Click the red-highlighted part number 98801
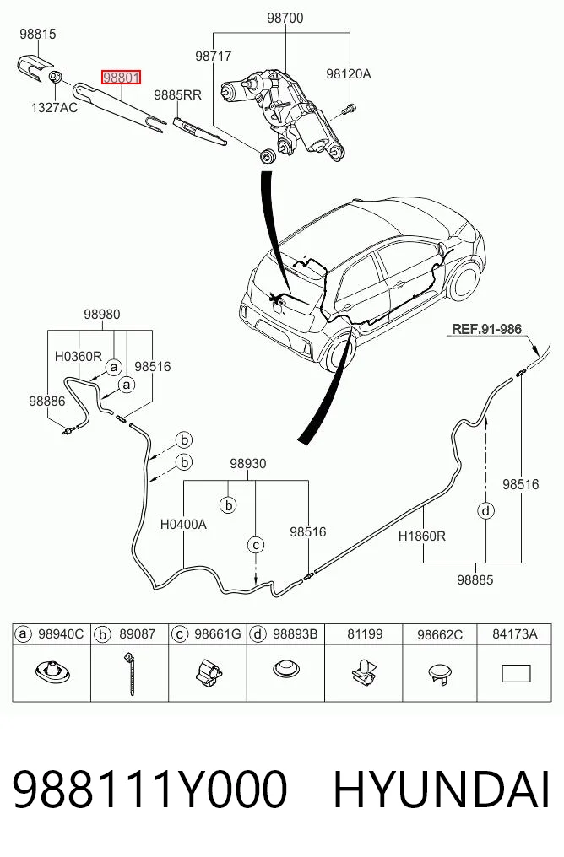pyautogui.click(x=121, y=78)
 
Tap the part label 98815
pyautogui.click(x=38, y=34)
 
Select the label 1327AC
pyautogui.click(x=54, y=108)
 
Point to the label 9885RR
pyautogui.click(x=178, y=95)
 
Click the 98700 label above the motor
pyautogui.click(x=285, y=18)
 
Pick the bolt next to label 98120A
pyautogui.click(x=349, y=109)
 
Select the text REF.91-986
pyautogui.click(x=486, y=329)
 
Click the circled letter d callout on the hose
pyautogui.click(x=485, y=511)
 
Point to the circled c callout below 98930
pyautogui.click(x=256, y=544)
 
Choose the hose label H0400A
pyautogui.click(x=183, y=524)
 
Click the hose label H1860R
pyautogui.click(x=422, y=536)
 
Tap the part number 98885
pyautogui.click(x=475, y=579)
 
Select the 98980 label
pyautogui.click(x=102, y=315)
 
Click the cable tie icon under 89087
pyautogui.click(x=130, y=672)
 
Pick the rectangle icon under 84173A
pyautogui.click(x=516, y=673)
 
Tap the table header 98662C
pyautogui.click(x=440, y=634)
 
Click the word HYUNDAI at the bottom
pyautogui.click(x=441, y=790)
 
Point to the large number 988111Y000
pyautogui.click(x=149, y=790)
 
